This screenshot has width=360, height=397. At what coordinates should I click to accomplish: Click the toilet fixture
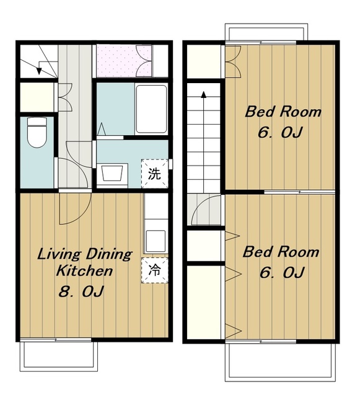coord(37,132)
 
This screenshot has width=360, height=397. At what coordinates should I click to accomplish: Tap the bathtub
coord(151,109)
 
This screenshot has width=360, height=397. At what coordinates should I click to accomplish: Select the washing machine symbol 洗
coord(154,174)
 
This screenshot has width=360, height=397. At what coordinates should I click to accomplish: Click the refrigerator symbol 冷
coord(154,270)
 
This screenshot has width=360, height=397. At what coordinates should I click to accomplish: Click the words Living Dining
coord(84,254)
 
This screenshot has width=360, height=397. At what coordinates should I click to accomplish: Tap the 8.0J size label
coord(81,291)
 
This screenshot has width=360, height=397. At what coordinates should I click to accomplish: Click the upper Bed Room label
coord(283,112)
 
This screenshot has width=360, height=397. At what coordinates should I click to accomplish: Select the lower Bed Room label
coord(281,252)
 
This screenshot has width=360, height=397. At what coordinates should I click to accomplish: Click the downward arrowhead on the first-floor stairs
coord(38,71)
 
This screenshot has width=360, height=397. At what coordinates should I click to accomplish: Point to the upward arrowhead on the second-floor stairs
coord(203,94)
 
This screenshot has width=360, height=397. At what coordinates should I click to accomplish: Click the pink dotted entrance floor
coord(124,61)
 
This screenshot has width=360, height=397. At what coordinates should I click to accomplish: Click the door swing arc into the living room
coord(81,216)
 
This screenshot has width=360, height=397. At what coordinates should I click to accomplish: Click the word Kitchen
coord(85,271)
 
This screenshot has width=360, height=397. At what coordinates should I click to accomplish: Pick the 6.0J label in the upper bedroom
coord(280,132)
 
